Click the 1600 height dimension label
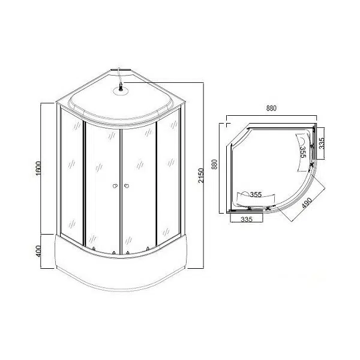tap(39, 168)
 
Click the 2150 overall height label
tap(201, 175)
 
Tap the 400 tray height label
tap(38, 251)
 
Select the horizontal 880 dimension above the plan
tap(271, 108)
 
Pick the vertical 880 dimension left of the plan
tap(214, 164)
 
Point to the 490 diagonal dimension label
tap(307, 203)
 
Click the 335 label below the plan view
tap(247, 219)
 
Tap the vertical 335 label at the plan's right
tap(322, 143)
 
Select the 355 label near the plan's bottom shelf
tap(256, 194)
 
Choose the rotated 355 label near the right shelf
tap(303, 152)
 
